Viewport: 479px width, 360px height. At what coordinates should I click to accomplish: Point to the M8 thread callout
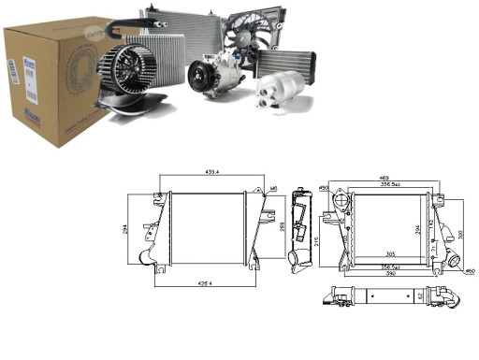275,190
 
